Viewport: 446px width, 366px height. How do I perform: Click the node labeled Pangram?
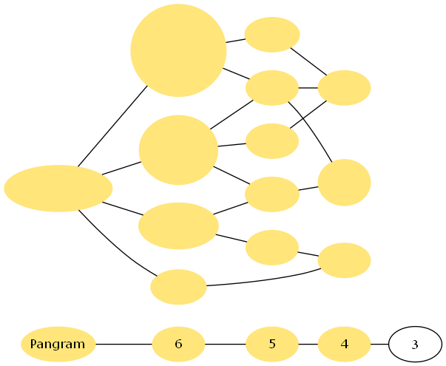[58, 344]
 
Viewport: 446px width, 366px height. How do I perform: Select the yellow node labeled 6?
[178, 344]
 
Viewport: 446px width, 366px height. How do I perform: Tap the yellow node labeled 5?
[272, 344]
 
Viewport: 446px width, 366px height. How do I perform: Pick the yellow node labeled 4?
[344, 344]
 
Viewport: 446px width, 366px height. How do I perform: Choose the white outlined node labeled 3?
[415, 344]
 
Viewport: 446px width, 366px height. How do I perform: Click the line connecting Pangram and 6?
[124, 344]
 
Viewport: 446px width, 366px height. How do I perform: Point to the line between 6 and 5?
[226, 344]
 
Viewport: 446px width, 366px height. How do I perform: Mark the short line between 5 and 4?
[308, 344]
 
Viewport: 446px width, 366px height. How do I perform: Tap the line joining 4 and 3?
[379, 344]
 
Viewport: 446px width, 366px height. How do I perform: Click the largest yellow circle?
[178, 50]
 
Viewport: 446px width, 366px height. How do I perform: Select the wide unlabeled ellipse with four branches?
[58, 189]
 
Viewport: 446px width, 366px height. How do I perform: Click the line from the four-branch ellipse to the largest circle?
[112, 126]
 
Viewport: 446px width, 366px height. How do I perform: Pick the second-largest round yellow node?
[178, 150]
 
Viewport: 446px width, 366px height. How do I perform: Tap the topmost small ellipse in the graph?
[272, 35]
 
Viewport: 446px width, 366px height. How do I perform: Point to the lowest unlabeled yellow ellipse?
[178, 287]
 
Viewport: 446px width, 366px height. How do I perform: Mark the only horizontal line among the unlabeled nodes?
[308, 88]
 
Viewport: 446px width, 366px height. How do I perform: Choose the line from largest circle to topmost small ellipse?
[235, 41]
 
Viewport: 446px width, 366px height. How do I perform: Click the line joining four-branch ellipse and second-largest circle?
[121, 168]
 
